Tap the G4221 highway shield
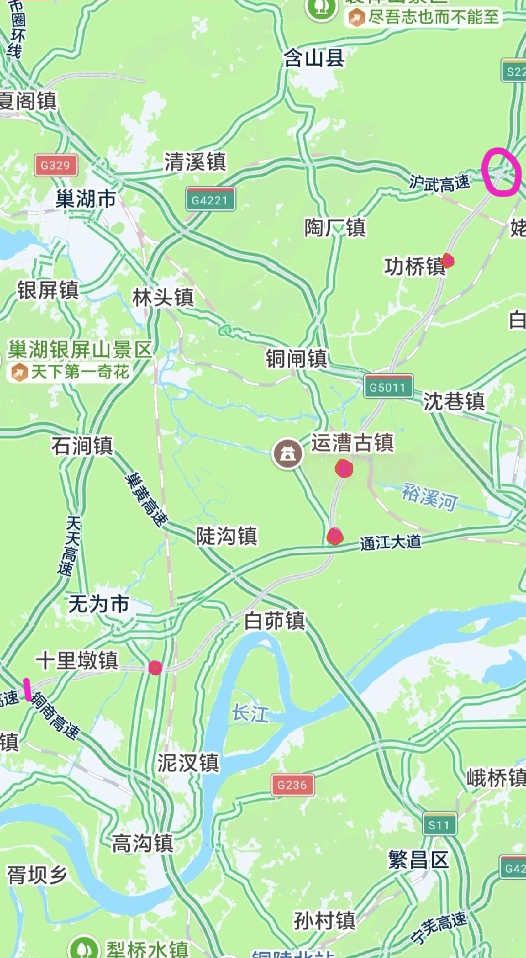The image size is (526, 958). coord(210,200)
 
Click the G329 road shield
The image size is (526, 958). coord(56,165)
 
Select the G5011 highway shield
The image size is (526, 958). coord(388,387)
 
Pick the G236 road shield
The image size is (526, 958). coord(292,784)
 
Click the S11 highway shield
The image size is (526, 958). coord(439,825)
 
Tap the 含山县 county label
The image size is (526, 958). coord(314,58)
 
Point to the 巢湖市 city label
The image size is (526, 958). coord(85,199)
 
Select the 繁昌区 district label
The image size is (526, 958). coord(418,859)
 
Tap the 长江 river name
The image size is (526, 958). coord(251,714)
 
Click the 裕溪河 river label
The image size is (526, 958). coord(429,497)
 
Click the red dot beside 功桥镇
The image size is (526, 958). coord(448,261)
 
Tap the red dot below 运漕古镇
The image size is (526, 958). coord(344,468)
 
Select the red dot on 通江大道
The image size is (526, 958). coord(335,536)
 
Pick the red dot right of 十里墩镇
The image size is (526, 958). coord(155,668)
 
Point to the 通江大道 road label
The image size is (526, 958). coord(390,543)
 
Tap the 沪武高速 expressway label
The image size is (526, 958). coord(439,182)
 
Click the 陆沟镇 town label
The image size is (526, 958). coord(226,536)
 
